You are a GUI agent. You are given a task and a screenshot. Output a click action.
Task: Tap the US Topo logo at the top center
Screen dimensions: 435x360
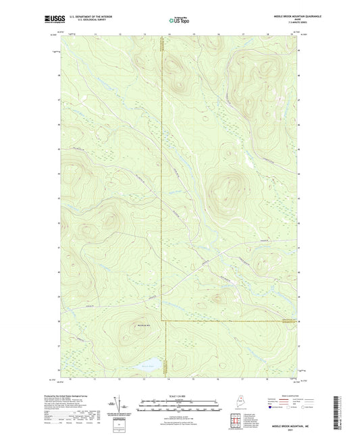pos(179,20)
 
